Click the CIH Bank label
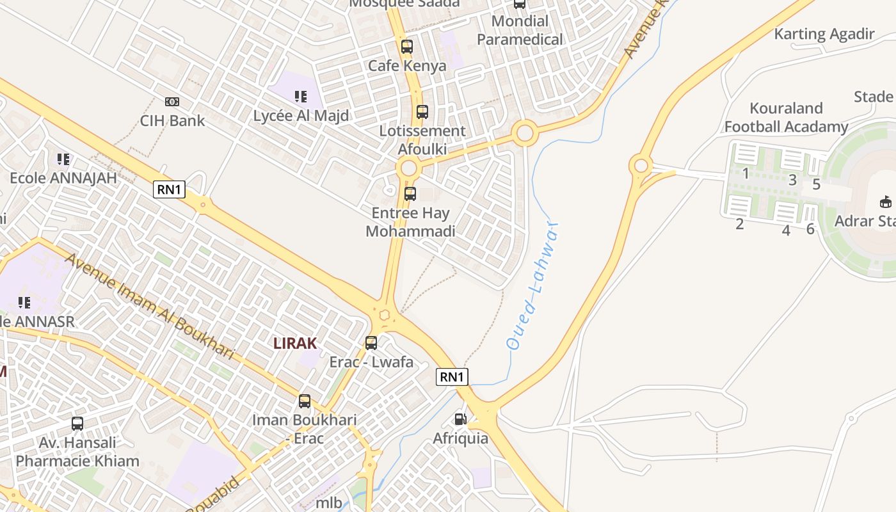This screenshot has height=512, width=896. click(172, 120)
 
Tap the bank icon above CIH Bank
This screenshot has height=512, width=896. click(172, 102)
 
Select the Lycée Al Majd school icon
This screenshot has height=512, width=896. click(300, 97)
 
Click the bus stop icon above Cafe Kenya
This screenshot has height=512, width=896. click(406, 47)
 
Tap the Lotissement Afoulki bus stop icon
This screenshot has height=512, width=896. click(422, 112)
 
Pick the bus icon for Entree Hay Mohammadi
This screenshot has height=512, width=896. click(410, 193)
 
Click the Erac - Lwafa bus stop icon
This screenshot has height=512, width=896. click(371, 343)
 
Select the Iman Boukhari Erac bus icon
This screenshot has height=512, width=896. click(305, 401)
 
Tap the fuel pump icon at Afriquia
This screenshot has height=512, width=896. click(460, 419)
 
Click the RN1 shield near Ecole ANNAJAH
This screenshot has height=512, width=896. click(169, 189)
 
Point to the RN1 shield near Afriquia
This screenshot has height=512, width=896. click(452, 377)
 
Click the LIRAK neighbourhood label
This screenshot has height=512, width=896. click(295, 343)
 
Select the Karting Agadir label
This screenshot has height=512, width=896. click(824, 34)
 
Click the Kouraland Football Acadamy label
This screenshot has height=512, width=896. click(786, 117)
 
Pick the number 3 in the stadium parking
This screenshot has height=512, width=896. click(792, 180)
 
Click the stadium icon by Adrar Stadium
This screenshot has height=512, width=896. click(885, 202)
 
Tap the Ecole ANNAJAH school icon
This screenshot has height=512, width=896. click(63, 159)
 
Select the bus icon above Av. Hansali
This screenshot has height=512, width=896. click(77, 424)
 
